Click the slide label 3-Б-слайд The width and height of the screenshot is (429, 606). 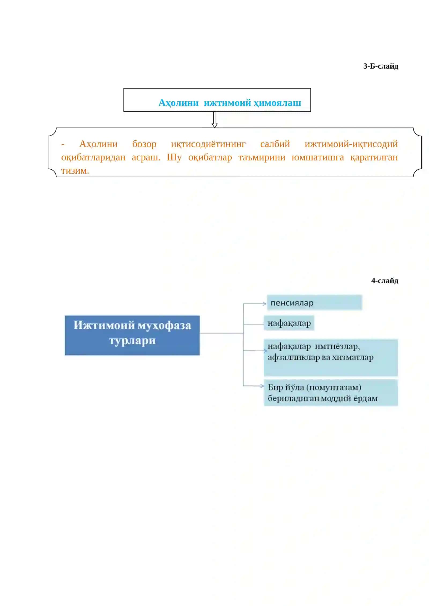point(380,66)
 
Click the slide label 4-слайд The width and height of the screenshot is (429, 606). point(384,281)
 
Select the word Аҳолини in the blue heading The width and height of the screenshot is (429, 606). point(179,103)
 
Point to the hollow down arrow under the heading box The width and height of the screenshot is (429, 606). point(214,119)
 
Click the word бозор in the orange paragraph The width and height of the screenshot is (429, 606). point(144,144)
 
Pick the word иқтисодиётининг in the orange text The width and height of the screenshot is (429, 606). point(208,144)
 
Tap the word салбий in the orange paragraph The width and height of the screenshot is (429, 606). point(275,144)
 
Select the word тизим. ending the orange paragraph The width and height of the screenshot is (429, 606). point(75,171)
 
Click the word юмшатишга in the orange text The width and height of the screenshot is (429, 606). point(318,158)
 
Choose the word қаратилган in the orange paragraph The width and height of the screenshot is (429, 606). point(374,158)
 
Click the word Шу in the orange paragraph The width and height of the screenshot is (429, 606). point(174,157)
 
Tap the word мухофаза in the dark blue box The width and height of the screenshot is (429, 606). point(164,326)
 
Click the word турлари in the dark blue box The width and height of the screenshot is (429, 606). point(132,341)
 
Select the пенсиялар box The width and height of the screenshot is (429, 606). point(315,302)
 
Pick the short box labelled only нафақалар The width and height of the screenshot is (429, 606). point(289,323)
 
